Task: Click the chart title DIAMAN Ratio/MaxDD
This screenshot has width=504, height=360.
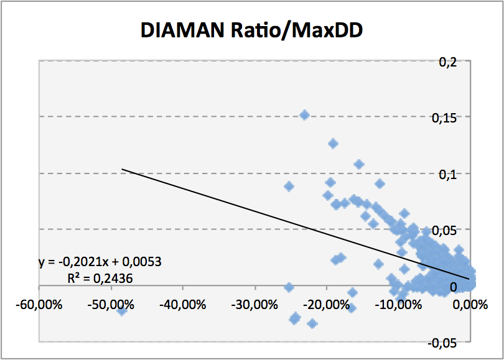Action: pyautogui.click(x=251, y=29)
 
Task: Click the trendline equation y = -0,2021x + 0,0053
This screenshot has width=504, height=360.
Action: pyautogui.click(x=100, y=262)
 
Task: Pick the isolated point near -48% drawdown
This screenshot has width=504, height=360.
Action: pyautogui.click(x=122, y=310)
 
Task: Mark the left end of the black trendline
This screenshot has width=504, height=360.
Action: pyautogui.click(x=122, y=168)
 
